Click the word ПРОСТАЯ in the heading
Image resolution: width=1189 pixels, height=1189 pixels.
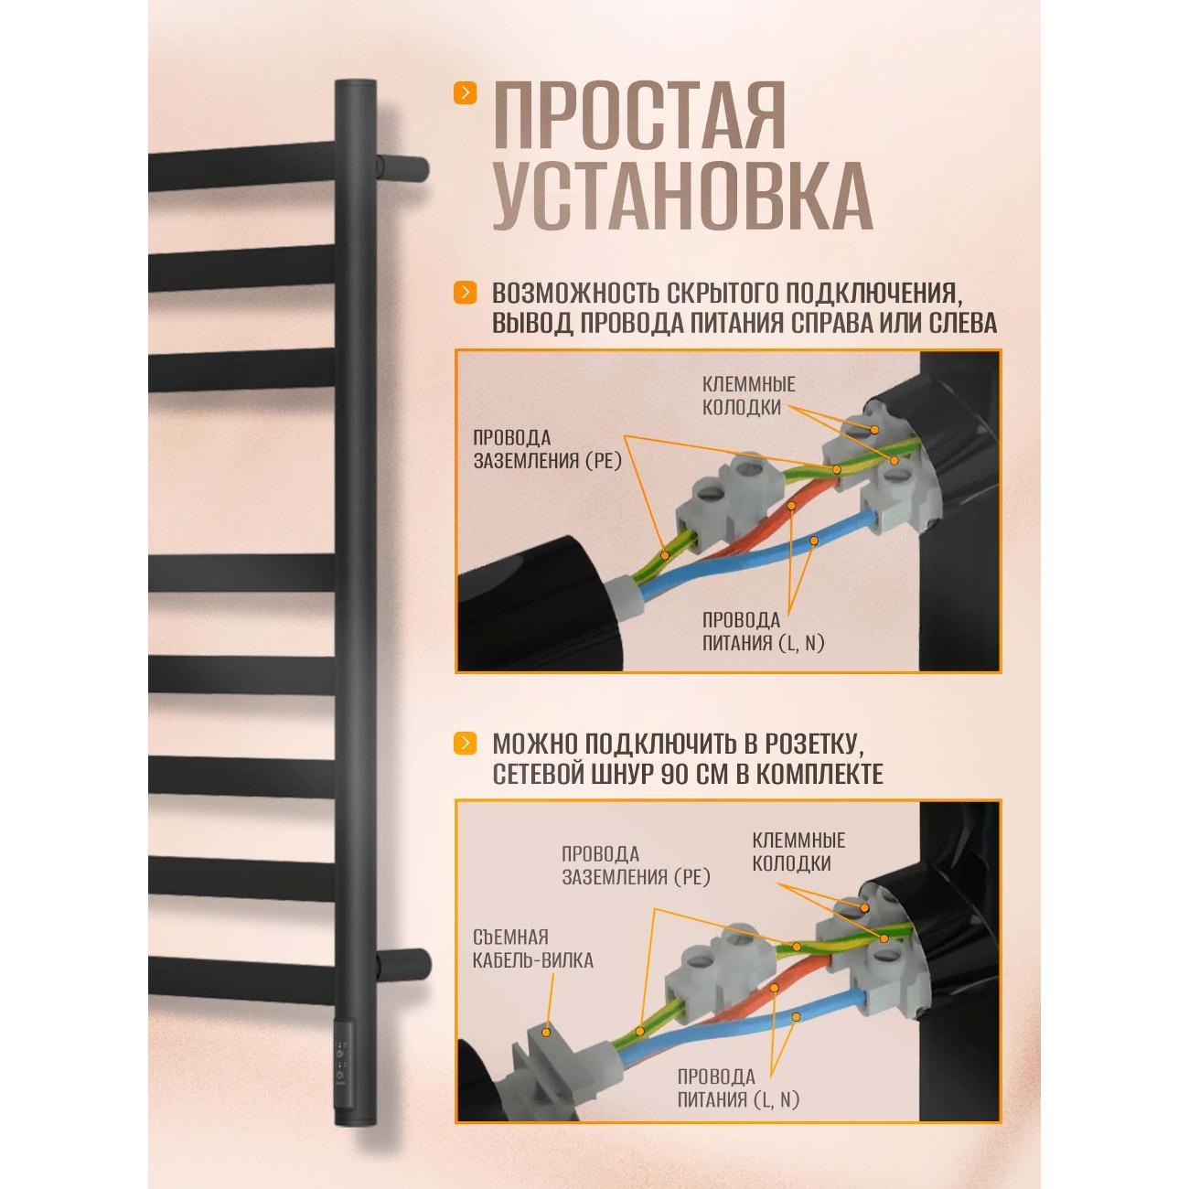tap(638, 116)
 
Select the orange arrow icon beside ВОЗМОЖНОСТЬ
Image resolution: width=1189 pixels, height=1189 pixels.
tap(466, 293)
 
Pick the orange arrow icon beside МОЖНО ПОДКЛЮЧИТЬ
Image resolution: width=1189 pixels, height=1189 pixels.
tap(466, 742)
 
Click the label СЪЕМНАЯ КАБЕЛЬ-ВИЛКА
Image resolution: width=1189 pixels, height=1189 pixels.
tap(534, 948)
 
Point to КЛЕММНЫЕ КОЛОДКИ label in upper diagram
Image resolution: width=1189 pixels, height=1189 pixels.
tap(748, 396)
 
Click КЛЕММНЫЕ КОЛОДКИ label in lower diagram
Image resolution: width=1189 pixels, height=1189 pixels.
tap(798, 852)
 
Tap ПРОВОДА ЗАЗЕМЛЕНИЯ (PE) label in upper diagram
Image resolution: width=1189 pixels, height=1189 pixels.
tap(547, 449)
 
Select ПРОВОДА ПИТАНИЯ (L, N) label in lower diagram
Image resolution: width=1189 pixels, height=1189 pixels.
tap(738, 1087)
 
